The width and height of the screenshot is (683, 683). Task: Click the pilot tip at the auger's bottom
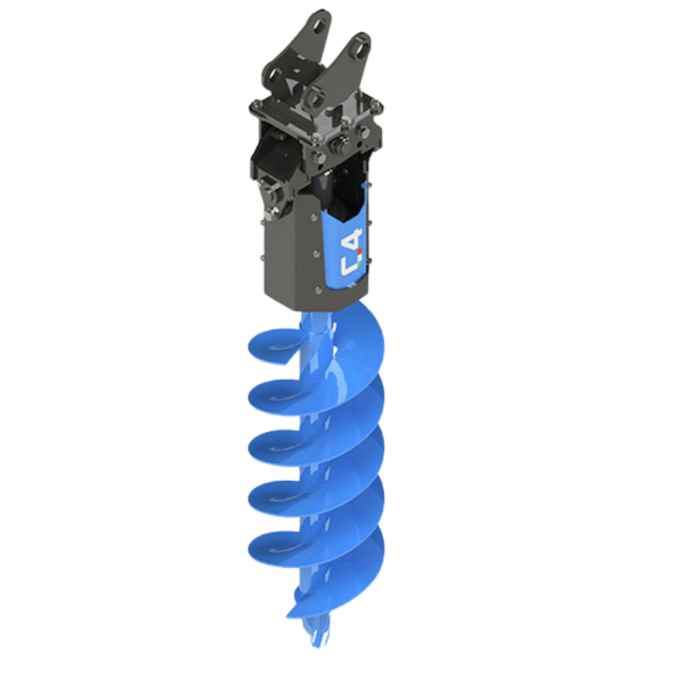coord(317,635)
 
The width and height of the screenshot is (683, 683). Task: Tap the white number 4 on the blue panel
coord(354,239)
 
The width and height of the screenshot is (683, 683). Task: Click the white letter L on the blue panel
coord(349,265)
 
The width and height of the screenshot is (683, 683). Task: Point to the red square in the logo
coord(360,251)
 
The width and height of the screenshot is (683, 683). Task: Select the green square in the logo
coord(360,263)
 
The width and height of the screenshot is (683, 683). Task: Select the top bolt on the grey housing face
coord(314,217)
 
